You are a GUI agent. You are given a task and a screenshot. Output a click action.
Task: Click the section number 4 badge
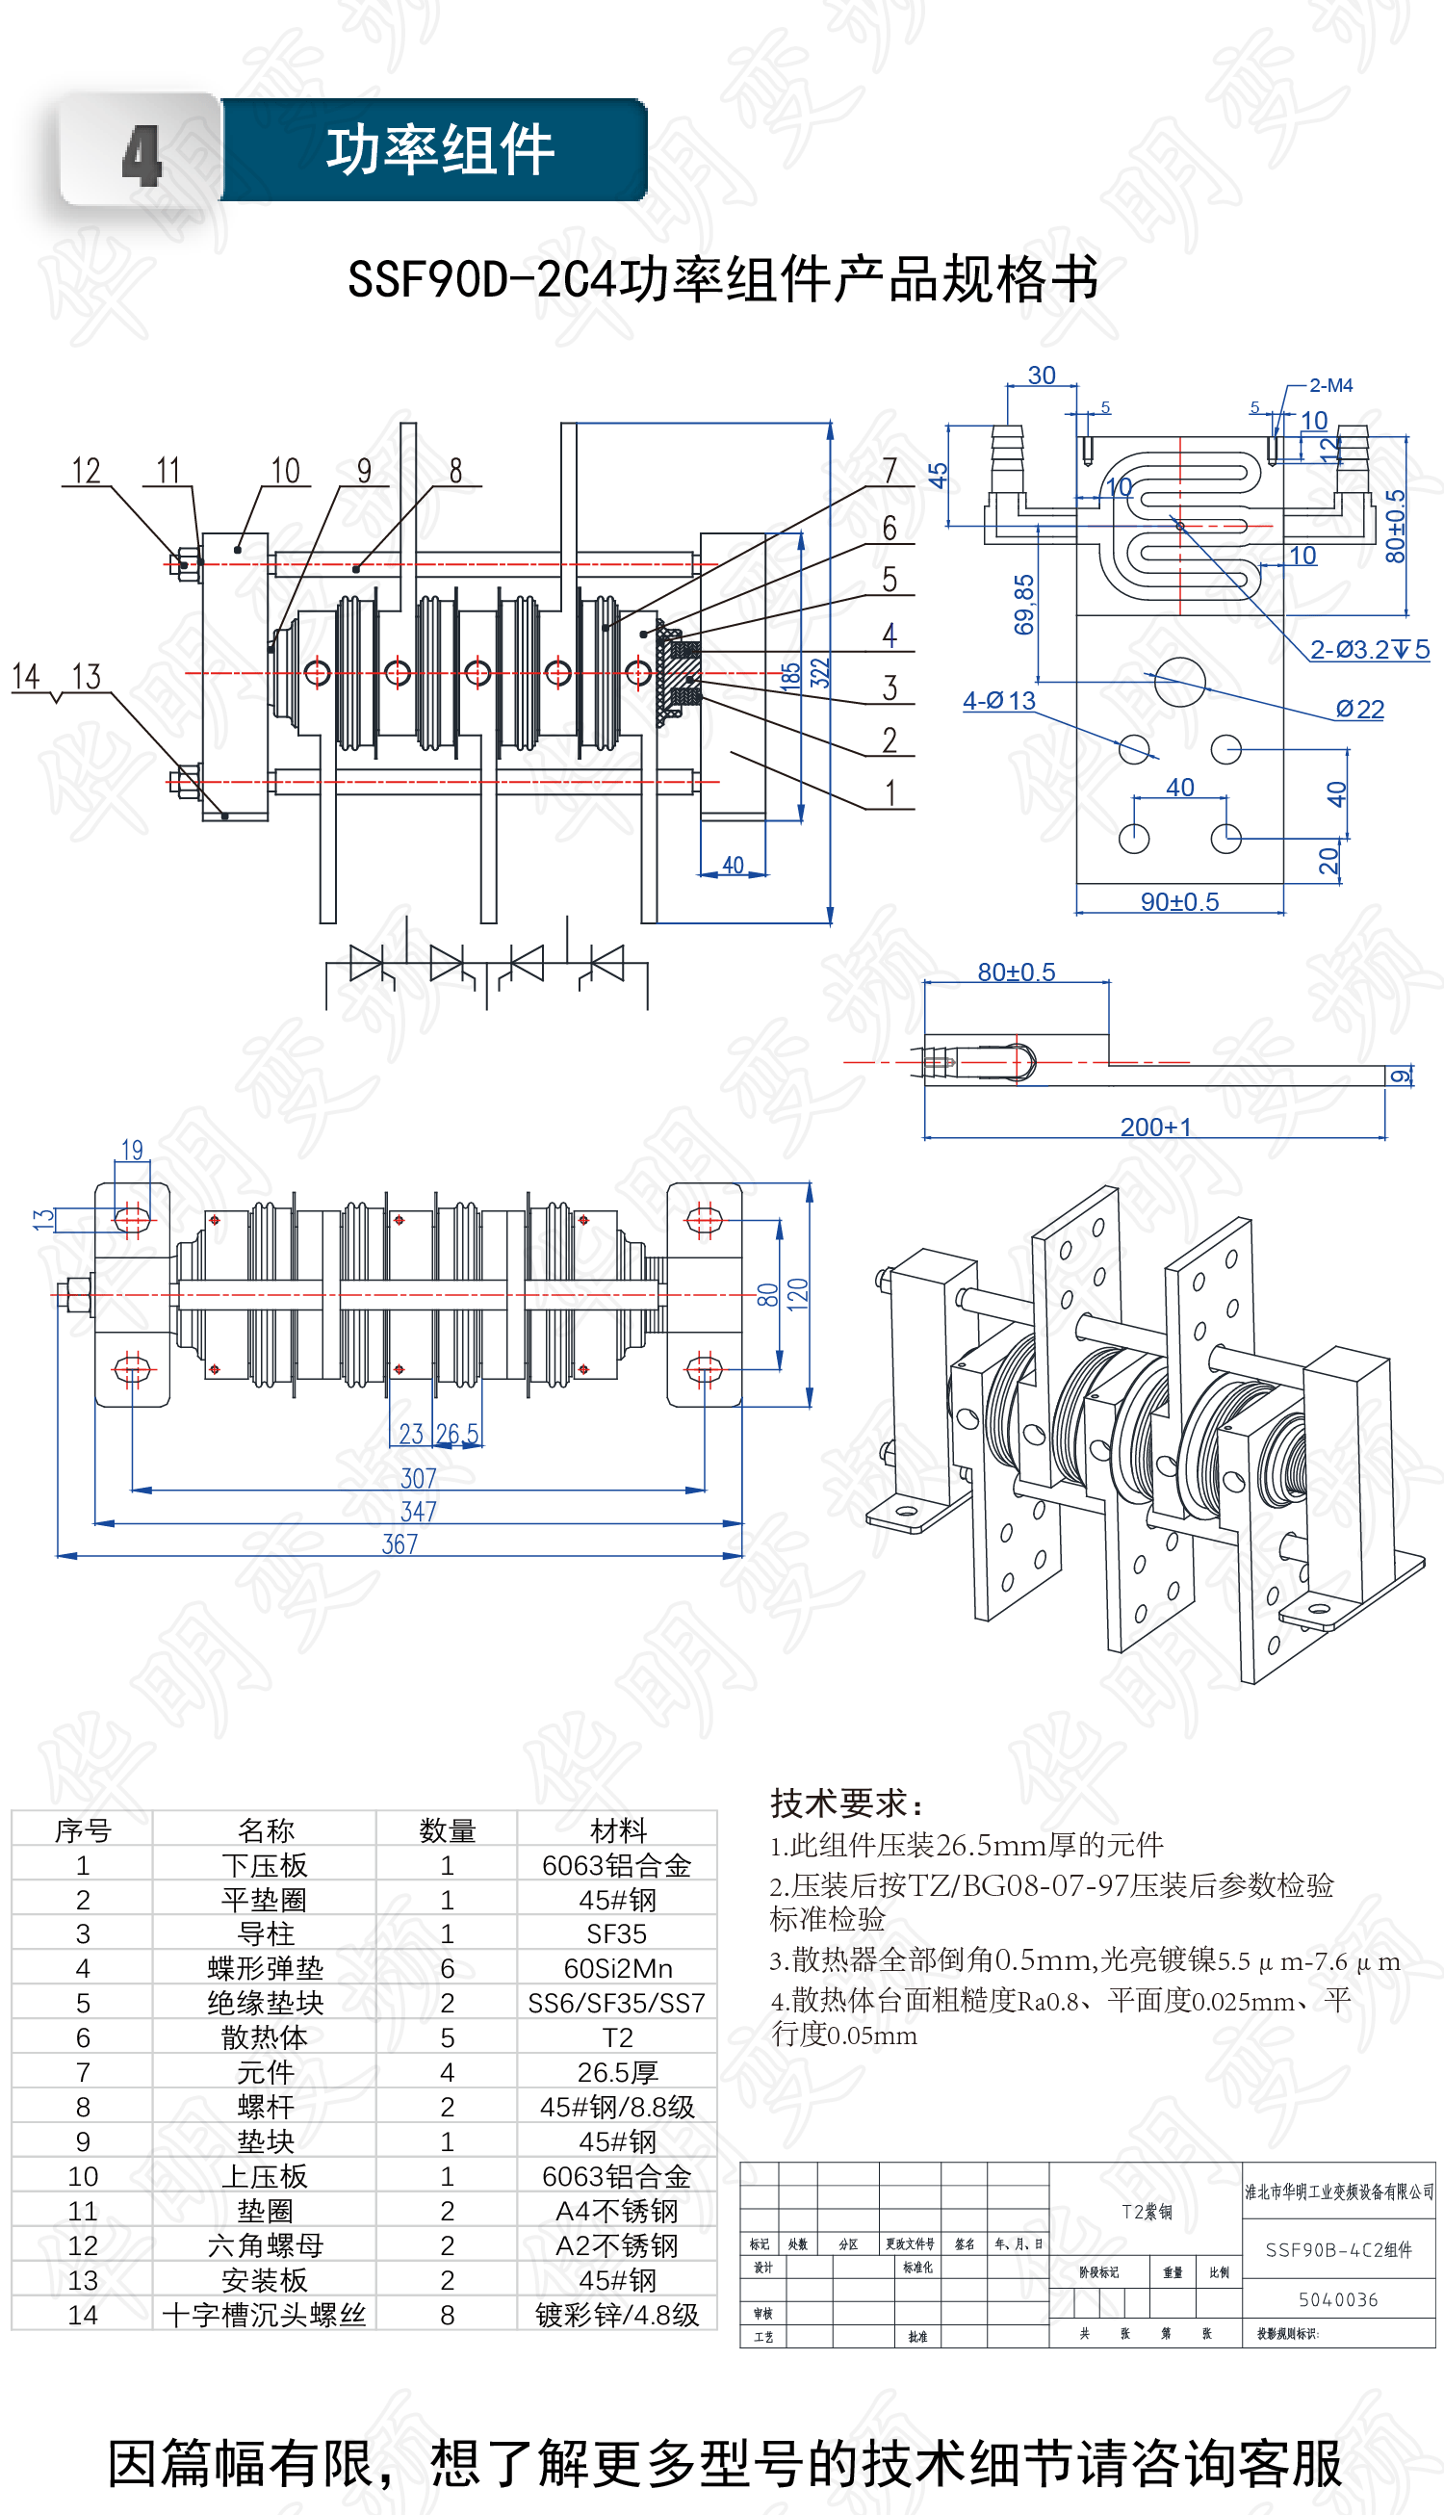tap(141, 155)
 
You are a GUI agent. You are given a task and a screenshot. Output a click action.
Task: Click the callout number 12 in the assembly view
tap(87, 470)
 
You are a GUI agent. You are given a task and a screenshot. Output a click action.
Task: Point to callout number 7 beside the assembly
tap(890, 470)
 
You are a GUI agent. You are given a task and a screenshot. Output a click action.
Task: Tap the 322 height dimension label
tap(819, 673)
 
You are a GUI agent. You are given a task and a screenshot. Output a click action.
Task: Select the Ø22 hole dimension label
tap(1359, 710)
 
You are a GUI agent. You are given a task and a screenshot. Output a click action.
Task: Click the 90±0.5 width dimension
tap(1179, 901)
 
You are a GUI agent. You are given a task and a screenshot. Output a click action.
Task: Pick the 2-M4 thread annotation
tap(1330, 386)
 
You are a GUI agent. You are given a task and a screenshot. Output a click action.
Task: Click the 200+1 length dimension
tap(1155, 1127)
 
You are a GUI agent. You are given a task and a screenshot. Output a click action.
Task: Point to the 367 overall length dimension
tap(400, 1544)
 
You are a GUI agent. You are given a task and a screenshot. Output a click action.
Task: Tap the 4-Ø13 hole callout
tap(998, 701)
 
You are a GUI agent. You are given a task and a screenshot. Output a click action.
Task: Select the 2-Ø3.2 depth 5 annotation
tap(1370, 650)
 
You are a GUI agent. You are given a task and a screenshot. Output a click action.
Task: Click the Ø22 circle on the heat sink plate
tap(1180, 682)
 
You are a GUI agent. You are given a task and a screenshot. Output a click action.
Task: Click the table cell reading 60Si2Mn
tap(617, 1968)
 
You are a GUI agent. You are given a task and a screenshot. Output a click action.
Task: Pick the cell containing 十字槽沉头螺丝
tap(265, 2315)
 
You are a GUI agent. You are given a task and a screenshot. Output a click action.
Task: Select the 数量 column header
tap(448, 1830)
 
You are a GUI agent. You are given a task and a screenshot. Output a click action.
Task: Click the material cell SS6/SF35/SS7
tap(617, 2004)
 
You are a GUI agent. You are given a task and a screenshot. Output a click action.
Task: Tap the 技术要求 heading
tap(848, 1802)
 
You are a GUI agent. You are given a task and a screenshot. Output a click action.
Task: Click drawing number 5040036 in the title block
tap(1338, 2299)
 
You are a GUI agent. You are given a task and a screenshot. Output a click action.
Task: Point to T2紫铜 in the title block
tap(1147, 2212)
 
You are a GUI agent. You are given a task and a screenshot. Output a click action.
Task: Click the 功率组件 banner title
tap(439, 151)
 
